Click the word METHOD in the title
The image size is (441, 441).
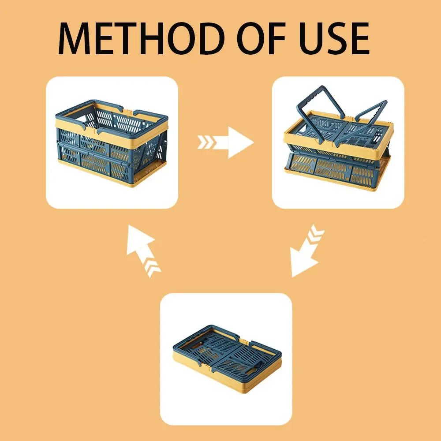[x=142, y=38]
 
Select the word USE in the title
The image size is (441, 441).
[x=334, y=38]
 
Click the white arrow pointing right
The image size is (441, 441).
[x=225, y=142]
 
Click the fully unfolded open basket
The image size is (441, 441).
[x=112, y=143]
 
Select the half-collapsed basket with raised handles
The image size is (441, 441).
[x=339, y=139]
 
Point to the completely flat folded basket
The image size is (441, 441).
[x=227, y=359]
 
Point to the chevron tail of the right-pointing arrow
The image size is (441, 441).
[x=207, y=142]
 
